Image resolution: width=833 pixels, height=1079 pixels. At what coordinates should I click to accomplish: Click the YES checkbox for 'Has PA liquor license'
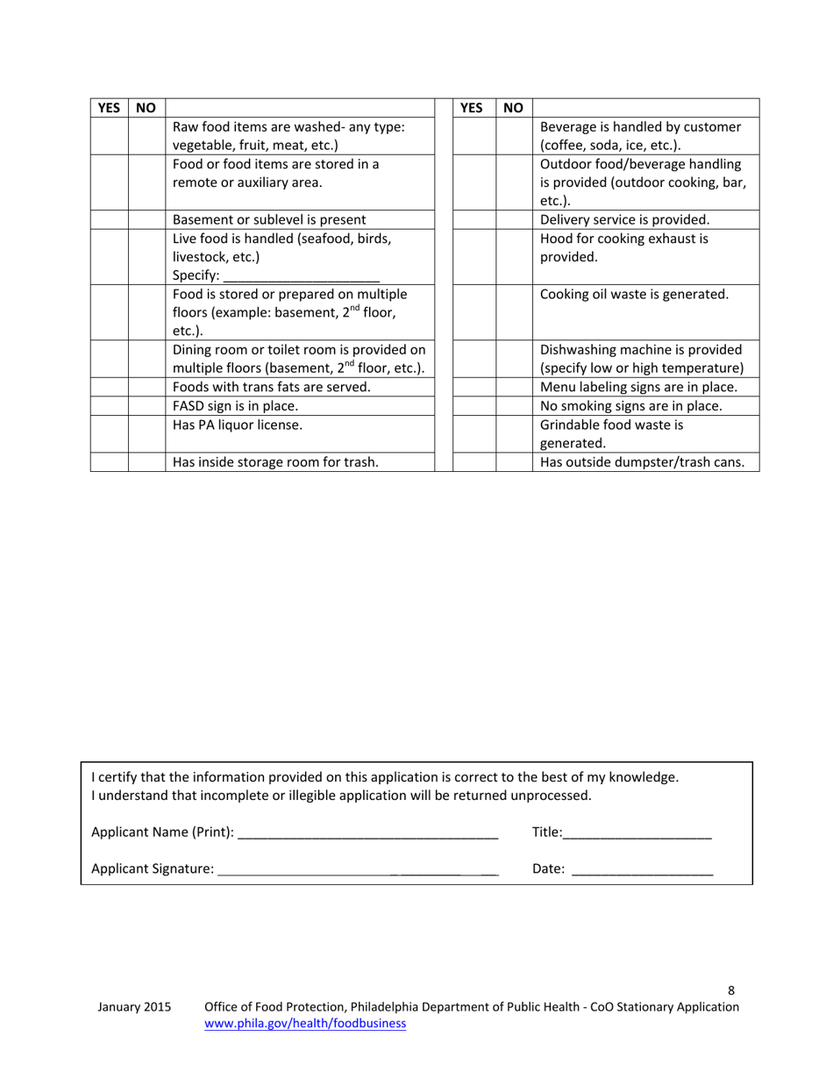click(109, 433)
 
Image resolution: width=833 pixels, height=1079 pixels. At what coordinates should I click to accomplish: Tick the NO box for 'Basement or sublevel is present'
click(146, 219)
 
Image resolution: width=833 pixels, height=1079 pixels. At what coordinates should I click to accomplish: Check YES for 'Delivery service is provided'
click(473, 219)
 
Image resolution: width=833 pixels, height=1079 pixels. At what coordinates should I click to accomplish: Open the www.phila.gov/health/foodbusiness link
click(305, 1023)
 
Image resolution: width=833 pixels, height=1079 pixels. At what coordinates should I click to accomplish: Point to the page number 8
click(731, 990)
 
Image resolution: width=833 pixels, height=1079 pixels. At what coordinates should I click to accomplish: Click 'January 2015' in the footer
click(134, 1007)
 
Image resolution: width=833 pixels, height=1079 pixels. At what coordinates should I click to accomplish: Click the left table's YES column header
click(109, 108)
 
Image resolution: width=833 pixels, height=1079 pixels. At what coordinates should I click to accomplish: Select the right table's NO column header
click(514, 108)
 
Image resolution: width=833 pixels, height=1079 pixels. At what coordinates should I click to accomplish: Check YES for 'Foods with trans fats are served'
click(109, 387)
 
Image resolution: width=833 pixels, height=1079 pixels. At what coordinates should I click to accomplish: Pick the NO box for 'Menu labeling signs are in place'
click(514, 387)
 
